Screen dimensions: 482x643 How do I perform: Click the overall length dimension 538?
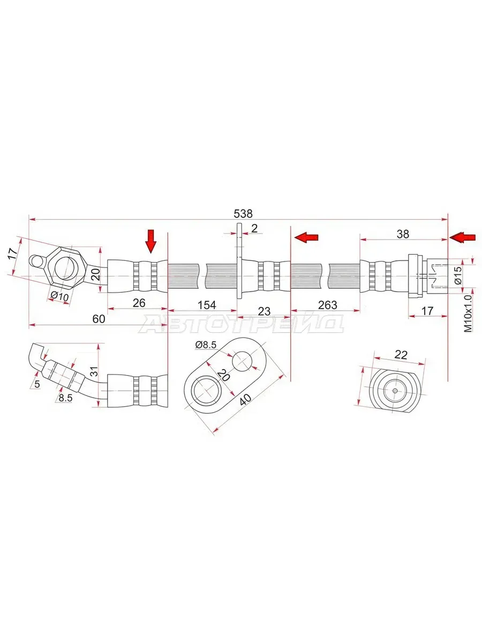[x=243, y=214]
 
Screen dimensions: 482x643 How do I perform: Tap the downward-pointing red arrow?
[x=151, y=241]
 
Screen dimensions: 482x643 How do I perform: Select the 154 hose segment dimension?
[x=207, y=305]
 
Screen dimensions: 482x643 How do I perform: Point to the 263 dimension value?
[x=327, y=305]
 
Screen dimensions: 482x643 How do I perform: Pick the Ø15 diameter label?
[x=458, y=275]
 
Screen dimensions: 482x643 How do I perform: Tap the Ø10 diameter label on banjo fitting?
[x=59, y=296]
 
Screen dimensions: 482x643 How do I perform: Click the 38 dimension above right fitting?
[x=403, y=234]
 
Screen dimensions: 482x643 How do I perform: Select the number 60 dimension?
[x=99, y=319]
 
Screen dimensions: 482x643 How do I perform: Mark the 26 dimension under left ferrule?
[x=139, y=303]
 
